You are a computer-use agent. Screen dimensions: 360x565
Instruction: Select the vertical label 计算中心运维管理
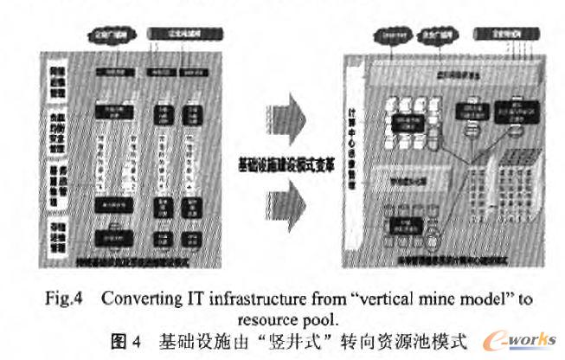coord(351,147)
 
